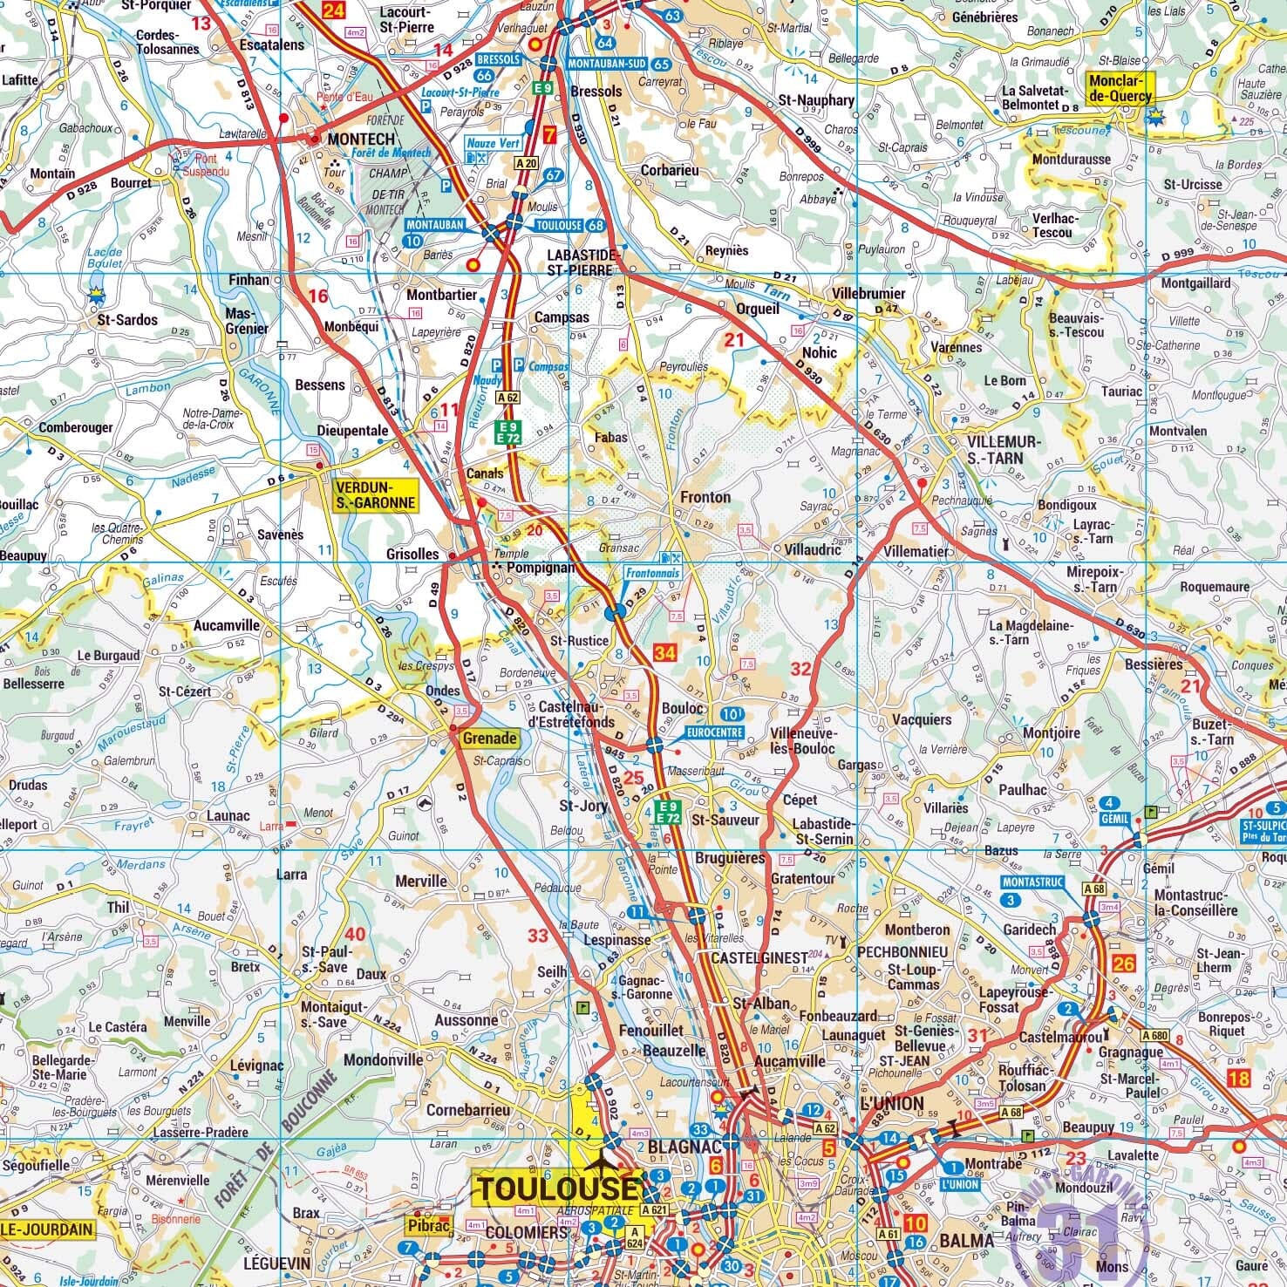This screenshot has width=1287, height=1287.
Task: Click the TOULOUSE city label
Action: (556, 1188)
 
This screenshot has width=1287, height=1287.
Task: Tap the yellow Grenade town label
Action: (489, 739)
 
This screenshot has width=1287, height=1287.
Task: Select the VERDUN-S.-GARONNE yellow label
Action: (374, 494)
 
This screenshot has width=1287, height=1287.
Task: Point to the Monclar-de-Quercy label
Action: (1120, 87)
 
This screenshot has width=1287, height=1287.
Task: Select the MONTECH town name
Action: (361, 139)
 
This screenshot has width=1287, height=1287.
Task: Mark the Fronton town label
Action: (705, 497)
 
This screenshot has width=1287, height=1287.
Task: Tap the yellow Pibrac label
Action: (427, 1225)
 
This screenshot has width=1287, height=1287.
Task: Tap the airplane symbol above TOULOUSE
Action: (599, 1164)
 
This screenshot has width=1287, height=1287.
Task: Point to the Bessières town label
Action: (1154, 664)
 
